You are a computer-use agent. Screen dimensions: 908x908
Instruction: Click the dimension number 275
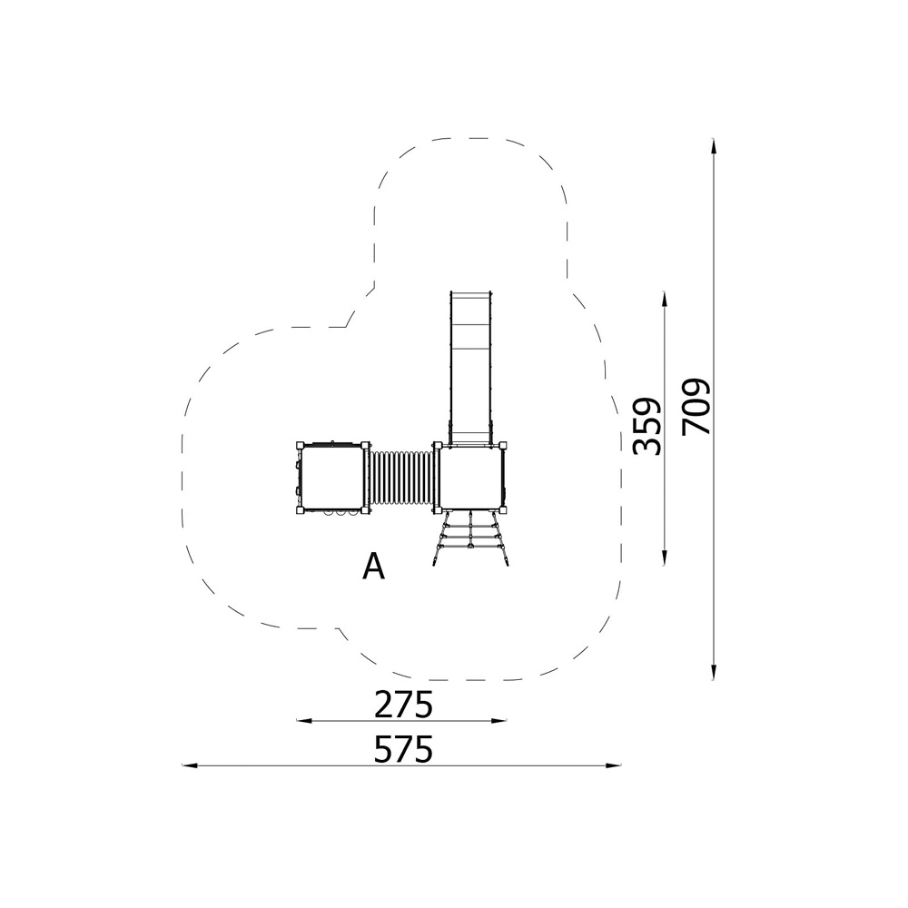(x=404, y=705)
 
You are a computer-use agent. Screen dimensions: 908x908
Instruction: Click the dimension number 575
(x=404, y=749)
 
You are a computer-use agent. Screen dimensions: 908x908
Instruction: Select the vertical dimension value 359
(x=646, y=426)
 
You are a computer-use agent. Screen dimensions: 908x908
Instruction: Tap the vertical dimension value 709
(x=696, y=407)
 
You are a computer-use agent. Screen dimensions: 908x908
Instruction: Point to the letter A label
(x=373, y=566)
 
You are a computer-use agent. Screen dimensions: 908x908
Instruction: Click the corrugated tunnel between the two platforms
(x=400, y=479)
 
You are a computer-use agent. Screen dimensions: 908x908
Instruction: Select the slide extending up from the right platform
(x=469, y=369)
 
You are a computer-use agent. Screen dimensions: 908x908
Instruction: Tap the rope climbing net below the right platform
(x=470, y=538)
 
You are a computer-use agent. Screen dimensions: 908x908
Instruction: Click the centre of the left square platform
(x=333, y=478)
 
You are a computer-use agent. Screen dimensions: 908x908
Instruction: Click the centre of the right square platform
(x=470, y=478)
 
